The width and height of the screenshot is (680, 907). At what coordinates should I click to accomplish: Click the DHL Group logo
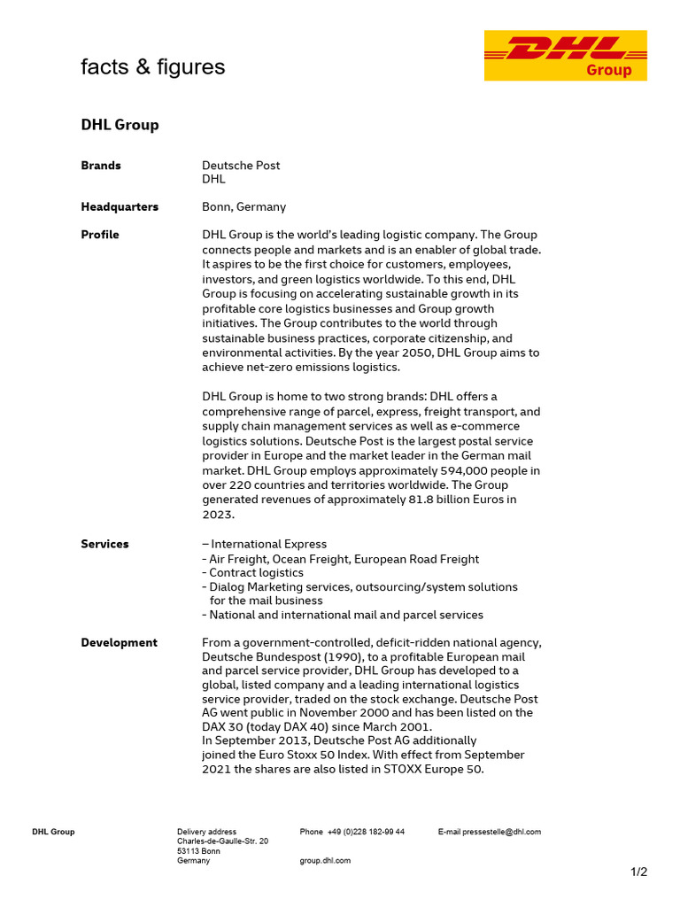click(x=565, y=55)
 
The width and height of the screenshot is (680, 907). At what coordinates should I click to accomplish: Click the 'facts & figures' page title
click(x=153, y=67)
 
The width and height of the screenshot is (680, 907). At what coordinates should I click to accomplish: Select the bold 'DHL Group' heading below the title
click(x=120, y=125)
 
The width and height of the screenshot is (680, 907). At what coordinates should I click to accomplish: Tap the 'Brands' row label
click(x=101, y=166)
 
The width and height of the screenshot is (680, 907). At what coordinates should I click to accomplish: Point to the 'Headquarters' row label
click(x=120, y=206)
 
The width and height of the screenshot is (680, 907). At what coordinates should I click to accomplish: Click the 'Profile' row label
click(x=100, y=235)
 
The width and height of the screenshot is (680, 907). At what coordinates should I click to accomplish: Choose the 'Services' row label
click(x=104, y=544)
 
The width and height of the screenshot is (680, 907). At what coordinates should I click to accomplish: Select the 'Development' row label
click(x=119, y=642)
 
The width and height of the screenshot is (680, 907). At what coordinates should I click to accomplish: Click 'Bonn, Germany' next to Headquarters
click(x=243, y=206)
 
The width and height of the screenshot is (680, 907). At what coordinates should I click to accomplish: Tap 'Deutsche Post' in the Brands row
click(x=241, y=166)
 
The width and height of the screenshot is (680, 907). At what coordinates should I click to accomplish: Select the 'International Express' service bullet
click(x=268, y=544)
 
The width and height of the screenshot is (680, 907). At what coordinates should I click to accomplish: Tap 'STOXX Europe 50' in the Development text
click(x=433, y=769)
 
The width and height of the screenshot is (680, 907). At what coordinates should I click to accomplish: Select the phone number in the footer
click(x=366, y=832)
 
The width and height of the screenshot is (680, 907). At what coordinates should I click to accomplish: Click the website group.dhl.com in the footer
click(x=325, y=860)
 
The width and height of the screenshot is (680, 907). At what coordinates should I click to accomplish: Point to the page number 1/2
click(x=638, y=872)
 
